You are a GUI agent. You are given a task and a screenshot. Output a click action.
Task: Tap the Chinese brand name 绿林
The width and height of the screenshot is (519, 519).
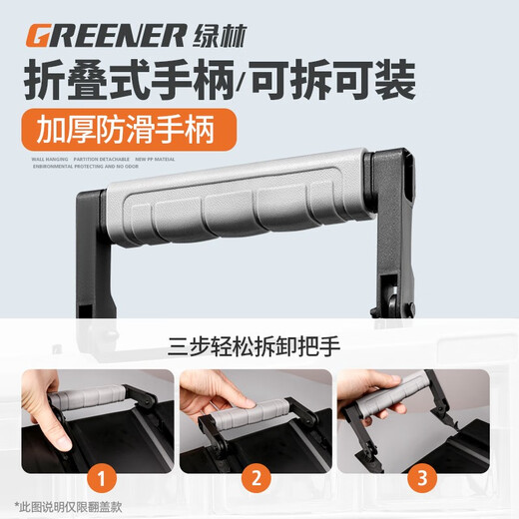[x=219, y=36]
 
